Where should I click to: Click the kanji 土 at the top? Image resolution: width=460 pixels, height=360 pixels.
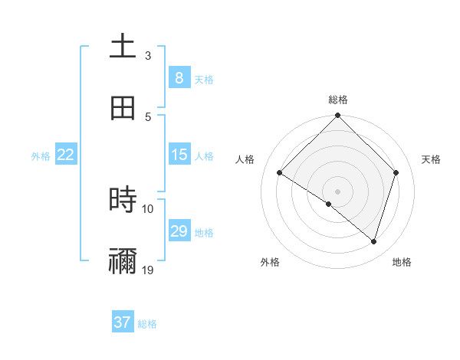click(123, 46)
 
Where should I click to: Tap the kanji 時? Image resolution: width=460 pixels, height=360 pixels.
click(123, 200)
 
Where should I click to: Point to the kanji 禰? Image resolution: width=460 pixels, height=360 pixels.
click(123, 261)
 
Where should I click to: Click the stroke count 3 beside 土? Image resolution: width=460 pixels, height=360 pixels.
click(148, 56)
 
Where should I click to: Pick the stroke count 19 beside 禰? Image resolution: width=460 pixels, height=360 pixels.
click(148, 270)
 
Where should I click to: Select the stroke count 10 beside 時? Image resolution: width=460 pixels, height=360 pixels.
click(148, 208)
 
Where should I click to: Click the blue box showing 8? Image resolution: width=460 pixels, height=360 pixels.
click(179, 77)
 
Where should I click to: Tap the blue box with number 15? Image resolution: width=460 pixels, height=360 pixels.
click(179, 155)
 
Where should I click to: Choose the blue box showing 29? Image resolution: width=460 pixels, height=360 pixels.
click(179, 231)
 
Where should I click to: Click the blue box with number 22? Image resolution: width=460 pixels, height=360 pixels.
click(66, 155)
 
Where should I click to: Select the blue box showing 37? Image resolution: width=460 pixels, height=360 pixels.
click(123, 322)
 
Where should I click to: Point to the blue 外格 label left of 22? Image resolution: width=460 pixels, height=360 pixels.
click(41, 156)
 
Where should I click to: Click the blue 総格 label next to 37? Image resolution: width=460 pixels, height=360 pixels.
click(147, 324)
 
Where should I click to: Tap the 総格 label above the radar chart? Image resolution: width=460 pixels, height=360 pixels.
click(338, 100)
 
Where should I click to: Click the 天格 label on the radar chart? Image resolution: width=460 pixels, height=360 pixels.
click(432, 159)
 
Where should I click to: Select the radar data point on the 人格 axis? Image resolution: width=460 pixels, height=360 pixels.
click(280, 173)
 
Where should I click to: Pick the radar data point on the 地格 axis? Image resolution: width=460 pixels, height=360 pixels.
click(374, 241)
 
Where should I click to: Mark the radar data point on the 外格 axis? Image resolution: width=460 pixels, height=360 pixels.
click(329, 204)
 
